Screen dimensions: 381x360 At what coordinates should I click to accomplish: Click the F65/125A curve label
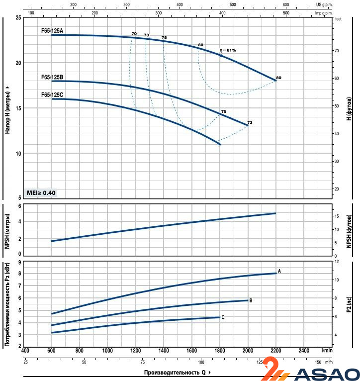52,31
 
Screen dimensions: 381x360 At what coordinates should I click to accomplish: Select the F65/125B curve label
52,77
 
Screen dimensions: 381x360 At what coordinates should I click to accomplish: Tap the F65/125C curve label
52,95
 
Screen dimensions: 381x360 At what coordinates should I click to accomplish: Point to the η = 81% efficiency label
228,50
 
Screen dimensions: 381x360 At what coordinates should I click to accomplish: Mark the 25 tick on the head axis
18,18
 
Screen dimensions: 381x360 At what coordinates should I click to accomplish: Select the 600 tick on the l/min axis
51,350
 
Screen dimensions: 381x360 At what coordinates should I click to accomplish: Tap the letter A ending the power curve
279,271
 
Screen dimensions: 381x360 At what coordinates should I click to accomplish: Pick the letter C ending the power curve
223,317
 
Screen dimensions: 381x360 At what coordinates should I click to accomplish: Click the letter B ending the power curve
251,300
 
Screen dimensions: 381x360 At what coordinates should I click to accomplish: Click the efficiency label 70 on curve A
134,33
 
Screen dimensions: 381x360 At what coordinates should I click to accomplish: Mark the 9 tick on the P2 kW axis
19,262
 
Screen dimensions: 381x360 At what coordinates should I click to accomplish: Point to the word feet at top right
339,19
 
